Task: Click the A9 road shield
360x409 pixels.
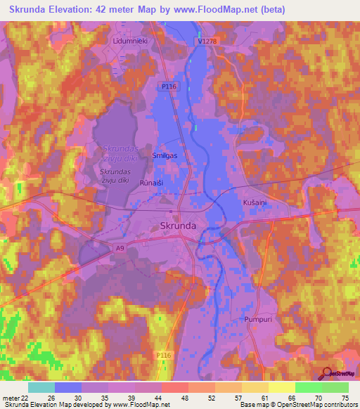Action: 121,247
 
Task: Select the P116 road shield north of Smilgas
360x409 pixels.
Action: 167,86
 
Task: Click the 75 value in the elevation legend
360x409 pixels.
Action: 345,397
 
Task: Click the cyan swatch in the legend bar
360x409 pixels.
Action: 41,387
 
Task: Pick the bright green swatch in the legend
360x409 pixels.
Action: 308,387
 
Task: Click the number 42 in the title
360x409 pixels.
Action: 127,9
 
